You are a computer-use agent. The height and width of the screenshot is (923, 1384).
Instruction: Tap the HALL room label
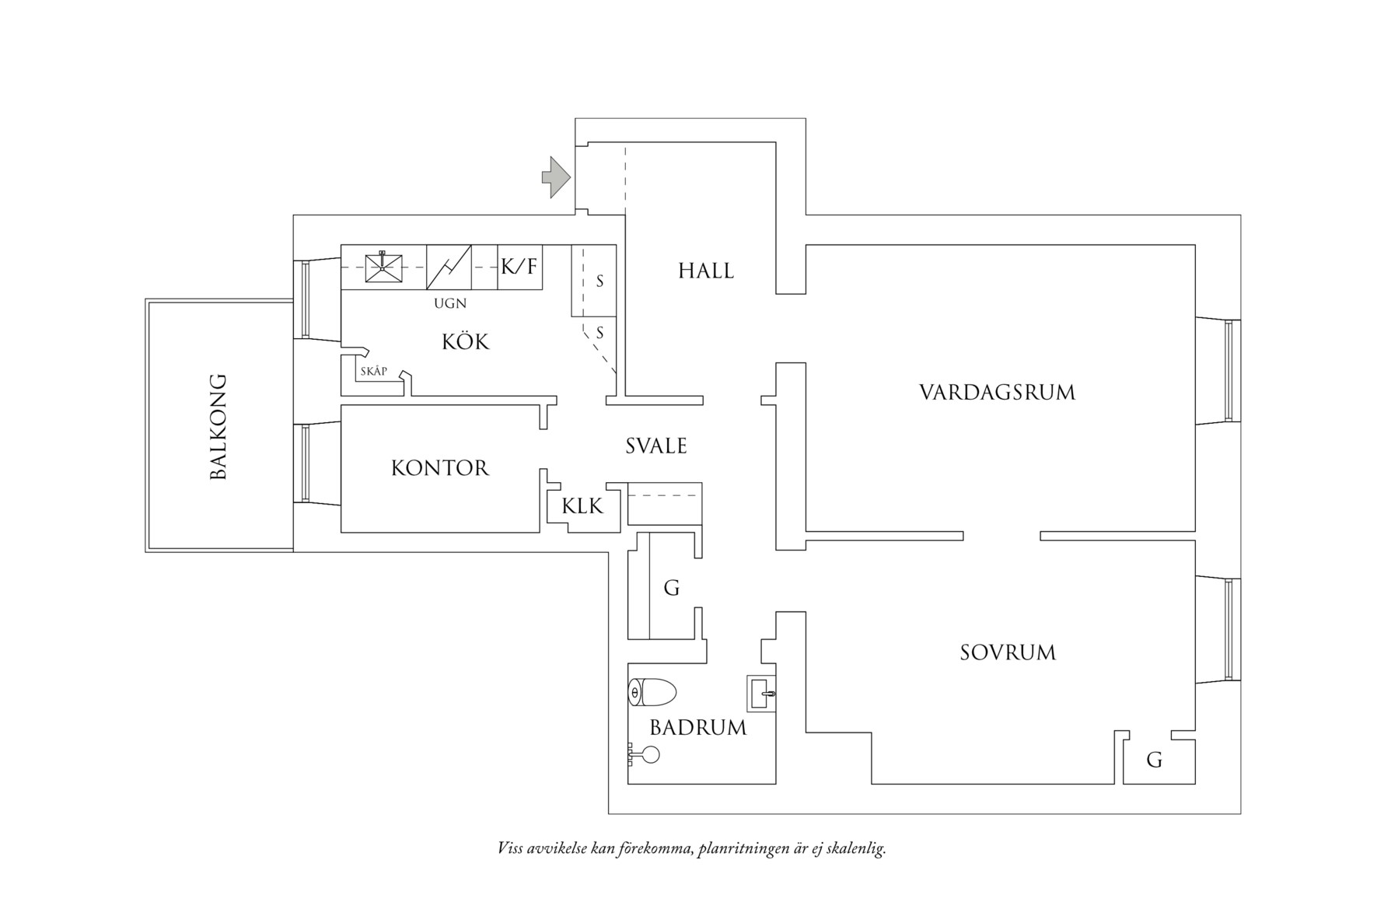tap(706, 271)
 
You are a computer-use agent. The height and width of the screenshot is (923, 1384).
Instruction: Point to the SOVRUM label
tap(1008, 652)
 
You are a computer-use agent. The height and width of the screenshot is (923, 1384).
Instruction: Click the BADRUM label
tap(698, 728)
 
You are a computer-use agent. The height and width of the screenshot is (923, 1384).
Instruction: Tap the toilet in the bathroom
tap(652, 692)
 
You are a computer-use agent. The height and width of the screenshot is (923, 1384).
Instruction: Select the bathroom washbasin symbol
tap(761, 693)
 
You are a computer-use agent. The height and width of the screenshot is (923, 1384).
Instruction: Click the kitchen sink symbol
tap(384, 267)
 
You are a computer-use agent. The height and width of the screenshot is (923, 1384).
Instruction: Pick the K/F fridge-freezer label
tap(519, 267)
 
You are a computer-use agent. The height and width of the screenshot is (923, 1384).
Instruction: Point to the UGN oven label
tap(450, 304)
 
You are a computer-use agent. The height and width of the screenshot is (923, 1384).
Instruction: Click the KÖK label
tap(466, 341)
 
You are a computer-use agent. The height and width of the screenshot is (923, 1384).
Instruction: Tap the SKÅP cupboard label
tap(374, 372)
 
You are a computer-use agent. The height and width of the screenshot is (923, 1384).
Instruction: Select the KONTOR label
tap(440, 468)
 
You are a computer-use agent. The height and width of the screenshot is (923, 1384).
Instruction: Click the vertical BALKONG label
tap(218, 427)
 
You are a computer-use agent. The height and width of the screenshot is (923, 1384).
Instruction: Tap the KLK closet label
tap(582, 506)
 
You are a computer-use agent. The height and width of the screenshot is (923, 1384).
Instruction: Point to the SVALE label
tap(656, 446)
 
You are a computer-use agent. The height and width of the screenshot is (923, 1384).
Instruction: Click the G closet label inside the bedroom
tap(1155, 760)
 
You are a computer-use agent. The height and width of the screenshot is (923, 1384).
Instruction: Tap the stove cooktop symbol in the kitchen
tap(449, 267)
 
